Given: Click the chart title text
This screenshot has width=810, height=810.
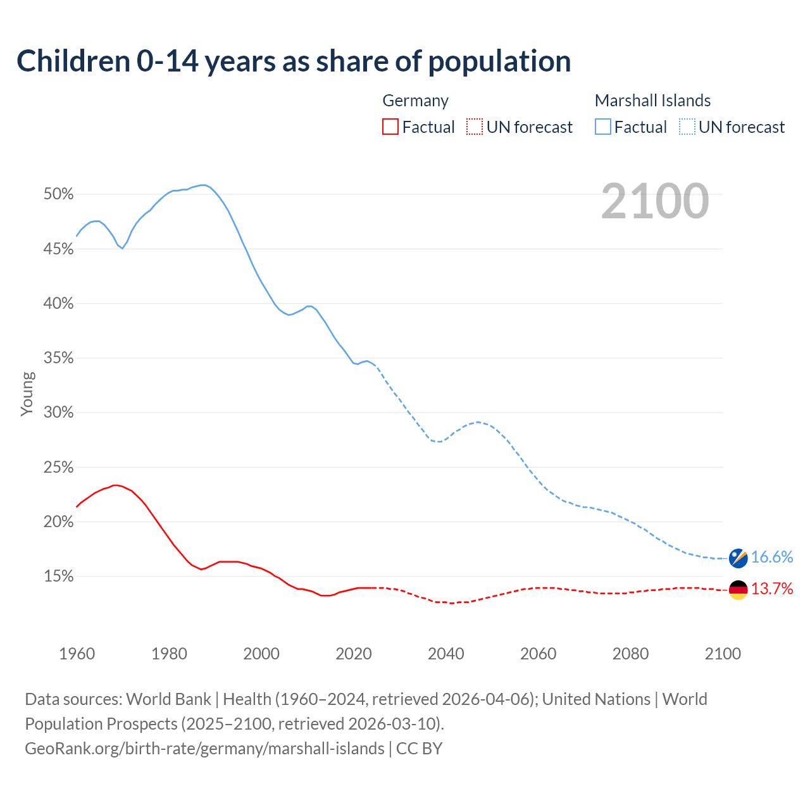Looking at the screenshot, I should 294,61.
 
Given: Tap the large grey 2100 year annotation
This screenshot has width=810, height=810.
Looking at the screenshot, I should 655,201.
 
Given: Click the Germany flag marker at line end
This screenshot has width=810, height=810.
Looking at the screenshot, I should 738,590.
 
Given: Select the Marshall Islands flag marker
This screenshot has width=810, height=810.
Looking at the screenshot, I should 738,558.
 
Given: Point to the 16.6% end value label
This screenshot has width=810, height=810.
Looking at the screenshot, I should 772,557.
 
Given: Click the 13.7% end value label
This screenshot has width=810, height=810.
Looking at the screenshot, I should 772,589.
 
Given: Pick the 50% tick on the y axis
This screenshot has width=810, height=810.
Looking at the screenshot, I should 59,194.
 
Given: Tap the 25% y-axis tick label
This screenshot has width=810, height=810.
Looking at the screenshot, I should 59,468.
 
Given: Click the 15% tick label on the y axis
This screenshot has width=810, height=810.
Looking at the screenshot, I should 59,576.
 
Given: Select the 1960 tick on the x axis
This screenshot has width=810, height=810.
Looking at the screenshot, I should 77,654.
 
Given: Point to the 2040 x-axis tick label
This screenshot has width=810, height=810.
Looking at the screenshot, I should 446,654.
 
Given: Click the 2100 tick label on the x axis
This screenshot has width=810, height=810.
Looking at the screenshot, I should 723,654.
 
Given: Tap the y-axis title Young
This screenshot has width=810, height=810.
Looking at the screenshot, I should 27,394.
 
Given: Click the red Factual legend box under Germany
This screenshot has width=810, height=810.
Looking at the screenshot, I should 390,127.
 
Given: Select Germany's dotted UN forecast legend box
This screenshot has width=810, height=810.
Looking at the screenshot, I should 475,127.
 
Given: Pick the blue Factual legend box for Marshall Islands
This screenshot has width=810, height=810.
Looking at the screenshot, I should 603,127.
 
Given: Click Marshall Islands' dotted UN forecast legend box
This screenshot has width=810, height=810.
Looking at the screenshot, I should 687,127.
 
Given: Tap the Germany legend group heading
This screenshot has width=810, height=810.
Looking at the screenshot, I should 416,101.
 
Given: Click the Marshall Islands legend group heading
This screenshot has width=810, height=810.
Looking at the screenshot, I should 652,101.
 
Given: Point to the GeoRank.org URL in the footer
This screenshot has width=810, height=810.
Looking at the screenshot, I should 204,749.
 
